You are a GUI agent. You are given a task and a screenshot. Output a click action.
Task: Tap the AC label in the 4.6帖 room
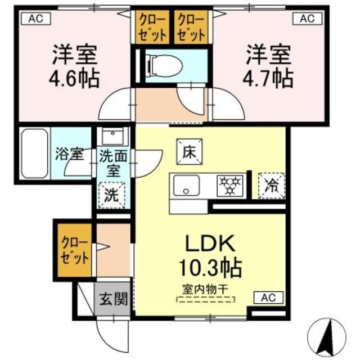(36, 19)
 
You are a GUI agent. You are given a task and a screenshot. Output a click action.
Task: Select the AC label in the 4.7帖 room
(307, 18)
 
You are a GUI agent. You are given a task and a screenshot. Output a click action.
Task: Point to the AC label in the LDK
(269, 298)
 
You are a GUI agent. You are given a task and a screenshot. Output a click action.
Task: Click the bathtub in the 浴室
(35, 154)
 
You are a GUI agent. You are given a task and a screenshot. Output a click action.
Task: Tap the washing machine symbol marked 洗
(112, 195)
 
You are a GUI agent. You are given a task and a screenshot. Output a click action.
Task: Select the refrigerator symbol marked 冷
(272, 186)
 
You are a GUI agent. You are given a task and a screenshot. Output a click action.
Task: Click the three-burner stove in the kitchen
(230, 186)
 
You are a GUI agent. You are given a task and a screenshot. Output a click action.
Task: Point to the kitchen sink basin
(186, 186)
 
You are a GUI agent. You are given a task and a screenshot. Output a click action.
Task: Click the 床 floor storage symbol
(190, 151)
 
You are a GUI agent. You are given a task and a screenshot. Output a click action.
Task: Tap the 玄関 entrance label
(113, 299)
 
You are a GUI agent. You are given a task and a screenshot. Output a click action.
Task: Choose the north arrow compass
(327, 337)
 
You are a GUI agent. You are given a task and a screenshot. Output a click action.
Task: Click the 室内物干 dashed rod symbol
(205, 300)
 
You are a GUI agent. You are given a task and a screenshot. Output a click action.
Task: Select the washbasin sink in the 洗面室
(112, 136)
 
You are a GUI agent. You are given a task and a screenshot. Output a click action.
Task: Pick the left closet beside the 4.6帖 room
(152, 27)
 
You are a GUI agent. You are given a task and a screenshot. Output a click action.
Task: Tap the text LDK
(210, 243)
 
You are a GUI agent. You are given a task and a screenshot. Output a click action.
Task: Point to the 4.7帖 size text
(268, 78)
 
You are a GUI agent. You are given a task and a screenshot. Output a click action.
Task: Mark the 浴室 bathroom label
(69, 154)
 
